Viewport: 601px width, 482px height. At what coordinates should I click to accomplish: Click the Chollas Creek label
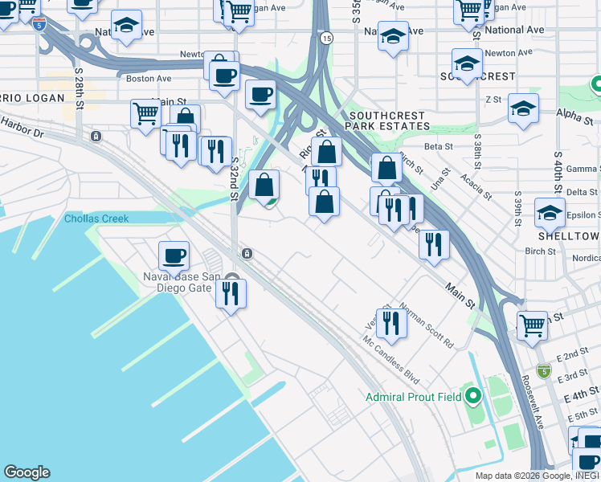coord(96,219)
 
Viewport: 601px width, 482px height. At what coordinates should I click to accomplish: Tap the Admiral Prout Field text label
coord(414,397)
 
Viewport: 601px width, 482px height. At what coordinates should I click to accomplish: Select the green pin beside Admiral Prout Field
coord(474,395)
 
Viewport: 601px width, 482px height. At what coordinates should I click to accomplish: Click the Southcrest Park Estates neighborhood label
coord(388,120)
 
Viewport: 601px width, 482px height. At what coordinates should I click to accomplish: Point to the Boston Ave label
coord(149,79)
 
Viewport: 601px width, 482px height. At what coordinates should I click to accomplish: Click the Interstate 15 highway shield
coord(326,38)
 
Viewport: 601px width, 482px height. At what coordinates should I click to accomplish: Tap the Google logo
coord(27,472)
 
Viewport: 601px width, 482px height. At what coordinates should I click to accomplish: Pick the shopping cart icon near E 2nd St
coord(532,325)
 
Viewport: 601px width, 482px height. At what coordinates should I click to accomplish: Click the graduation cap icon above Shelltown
coord(550,212)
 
